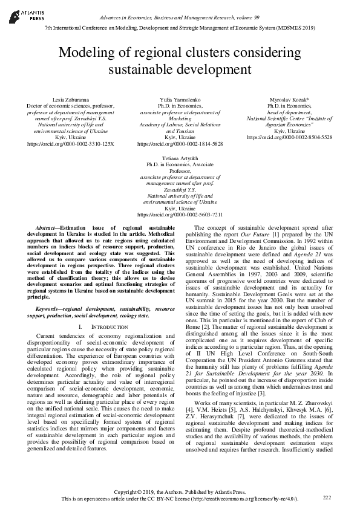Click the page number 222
pyautogui.click(x=327, y=497)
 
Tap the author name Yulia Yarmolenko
pyautogui.click(x=180, y=99)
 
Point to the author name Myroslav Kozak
pyautogui.click(x=289, y=99)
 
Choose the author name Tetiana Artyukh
pyautogui.click(x=180, y=157)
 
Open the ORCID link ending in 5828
pyautogui.click(x=180, y=144)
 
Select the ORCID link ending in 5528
pyautogui.click(x=289, y=138)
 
